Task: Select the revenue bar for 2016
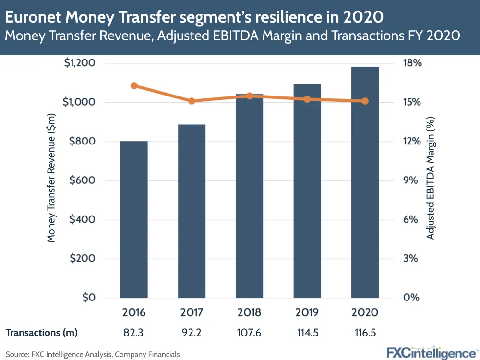[134, 219]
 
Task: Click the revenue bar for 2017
[192, 211]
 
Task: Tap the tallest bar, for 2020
[365, 182]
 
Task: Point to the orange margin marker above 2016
[134, 86]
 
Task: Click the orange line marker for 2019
[307, 99]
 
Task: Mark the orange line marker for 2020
[365, 101]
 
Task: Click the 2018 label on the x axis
[250, 312]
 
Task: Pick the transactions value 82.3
[134, 332]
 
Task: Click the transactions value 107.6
[249, 332]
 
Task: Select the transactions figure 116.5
[365, 332]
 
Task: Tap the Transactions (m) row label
[41, 332]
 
